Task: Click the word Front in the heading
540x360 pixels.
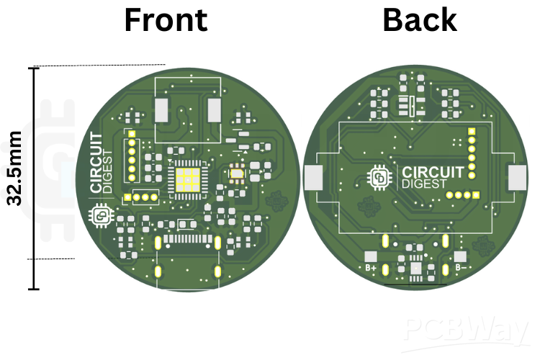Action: click(165, 20)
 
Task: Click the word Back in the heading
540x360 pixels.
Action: click(419, 20)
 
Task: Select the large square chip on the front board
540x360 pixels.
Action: click(186, 178)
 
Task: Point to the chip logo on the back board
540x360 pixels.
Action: click(379, 178)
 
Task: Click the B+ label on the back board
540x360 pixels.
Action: click(372, 269)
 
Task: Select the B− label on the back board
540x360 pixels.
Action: click(462, 269)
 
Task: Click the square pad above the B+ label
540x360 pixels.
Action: click(371, 256)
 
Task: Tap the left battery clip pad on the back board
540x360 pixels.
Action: click(314, 178)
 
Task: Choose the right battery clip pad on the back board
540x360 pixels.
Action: click(518, 178)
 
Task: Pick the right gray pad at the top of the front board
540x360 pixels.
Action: click(215, 110)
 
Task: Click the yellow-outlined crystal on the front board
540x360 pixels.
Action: click(236, 172)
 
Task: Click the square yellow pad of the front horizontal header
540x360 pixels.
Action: click(127, 197)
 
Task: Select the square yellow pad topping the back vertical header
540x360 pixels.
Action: click(472, 132)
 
